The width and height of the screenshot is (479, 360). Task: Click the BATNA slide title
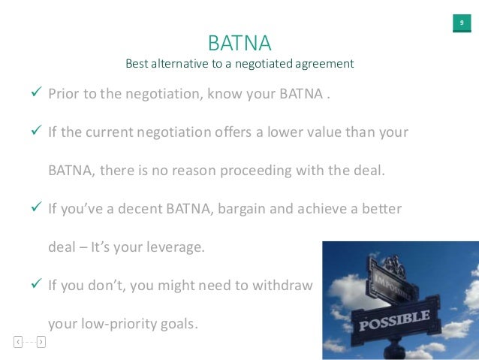(x=239, y=40)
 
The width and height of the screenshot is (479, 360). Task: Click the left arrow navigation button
(x=18, y=342)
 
